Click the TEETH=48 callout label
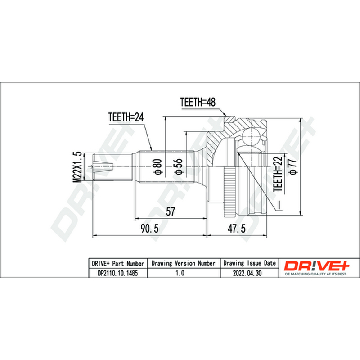coord(198,102)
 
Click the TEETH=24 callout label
coord(126,117)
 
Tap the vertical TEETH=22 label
coord(278,174)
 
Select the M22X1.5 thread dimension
coord(77,167)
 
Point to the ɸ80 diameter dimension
coord(158,166)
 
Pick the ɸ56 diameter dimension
coord(178,166)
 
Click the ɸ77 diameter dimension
coord(293,166)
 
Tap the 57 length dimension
coord(171,211)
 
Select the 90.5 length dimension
coord(149,229)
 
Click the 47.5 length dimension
coord(237,229)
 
